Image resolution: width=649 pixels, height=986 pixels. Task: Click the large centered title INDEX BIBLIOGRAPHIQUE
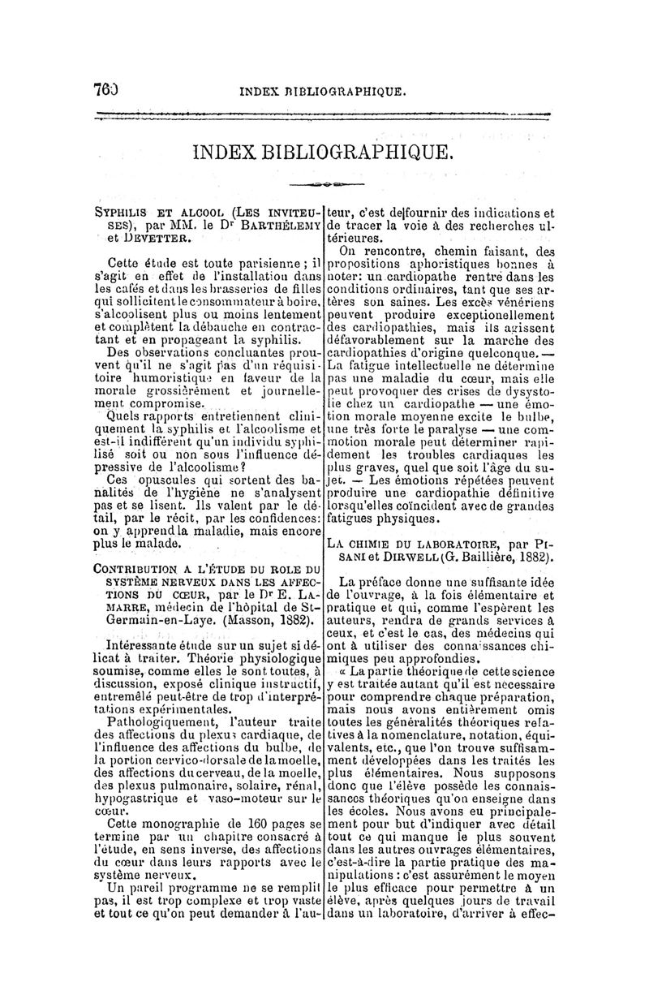[323, 152]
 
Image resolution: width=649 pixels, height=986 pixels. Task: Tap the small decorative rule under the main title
[323, 183]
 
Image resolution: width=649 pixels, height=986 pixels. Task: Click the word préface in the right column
[388, 583]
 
